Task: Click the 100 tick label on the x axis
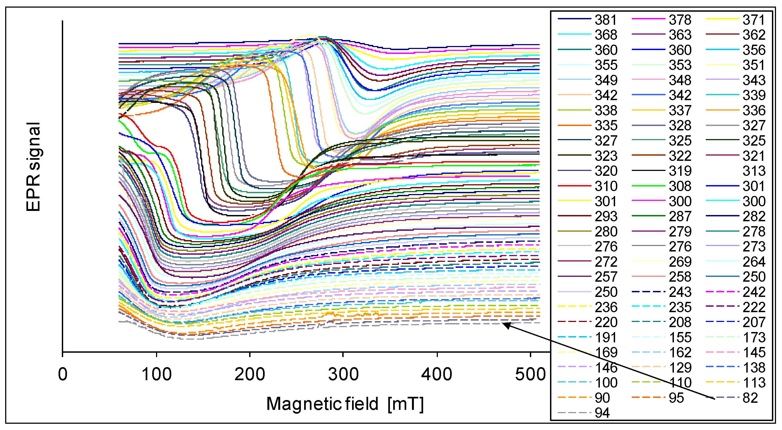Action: pos(156,374)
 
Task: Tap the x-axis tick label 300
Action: pos(343,374)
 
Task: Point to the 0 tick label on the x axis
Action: pos(63,374)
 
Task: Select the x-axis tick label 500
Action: pos(530,374)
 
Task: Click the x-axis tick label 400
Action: pos(437,374)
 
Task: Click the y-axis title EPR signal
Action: pos(33,167)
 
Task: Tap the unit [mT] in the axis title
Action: pos(405,404)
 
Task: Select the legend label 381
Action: pos(606,20)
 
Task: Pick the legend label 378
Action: pos(680,20)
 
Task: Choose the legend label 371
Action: pos(754,20)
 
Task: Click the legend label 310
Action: pos(606,186)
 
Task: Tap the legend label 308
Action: pos(680,186)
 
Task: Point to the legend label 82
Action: pos(750,398)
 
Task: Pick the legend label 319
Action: pos(680,171)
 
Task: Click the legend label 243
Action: pos(680,292)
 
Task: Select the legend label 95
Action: pos(676,398)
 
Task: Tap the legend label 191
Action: pos(606,337)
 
